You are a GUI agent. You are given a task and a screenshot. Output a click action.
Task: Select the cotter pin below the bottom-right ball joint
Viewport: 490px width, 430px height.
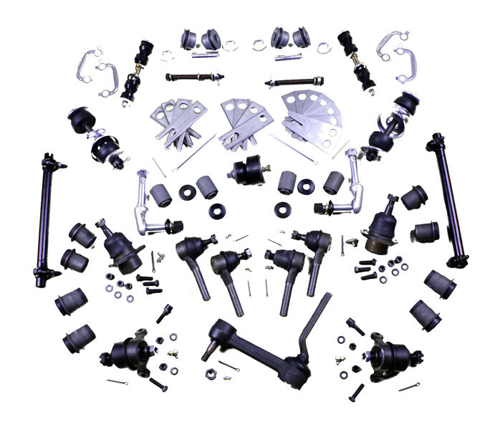click(x=409, y=386)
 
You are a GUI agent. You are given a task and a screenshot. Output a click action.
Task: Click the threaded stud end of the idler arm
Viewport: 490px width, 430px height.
click(x=208, y=350)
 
